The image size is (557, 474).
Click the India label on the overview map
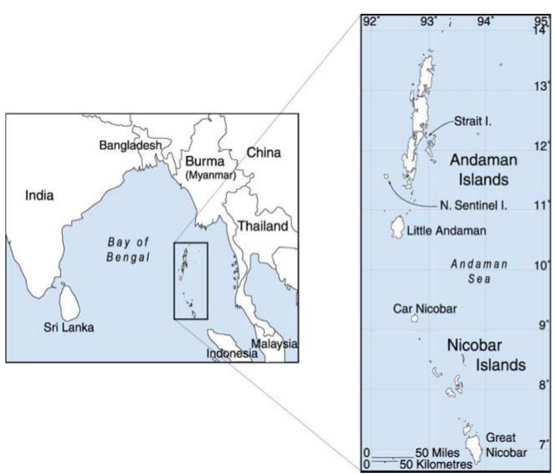(39, 195)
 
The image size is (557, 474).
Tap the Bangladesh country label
(130, 145)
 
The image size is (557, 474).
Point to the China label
(264, 152)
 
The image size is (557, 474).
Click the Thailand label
(263, 226)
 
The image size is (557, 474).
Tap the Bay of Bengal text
(128, 249)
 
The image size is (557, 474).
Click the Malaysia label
(274, 344)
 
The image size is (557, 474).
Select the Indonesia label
(232, 353)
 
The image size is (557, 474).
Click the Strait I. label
(472, 122)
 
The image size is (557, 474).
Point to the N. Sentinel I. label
(473, 205)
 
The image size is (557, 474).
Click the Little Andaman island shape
(397, 227)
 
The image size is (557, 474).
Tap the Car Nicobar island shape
(415, 318)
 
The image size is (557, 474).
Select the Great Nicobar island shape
(474, 449)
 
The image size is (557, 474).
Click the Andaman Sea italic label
(479, 271)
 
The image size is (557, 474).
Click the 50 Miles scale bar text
(437, 453)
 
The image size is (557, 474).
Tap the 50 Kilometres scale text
(436, 464)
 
